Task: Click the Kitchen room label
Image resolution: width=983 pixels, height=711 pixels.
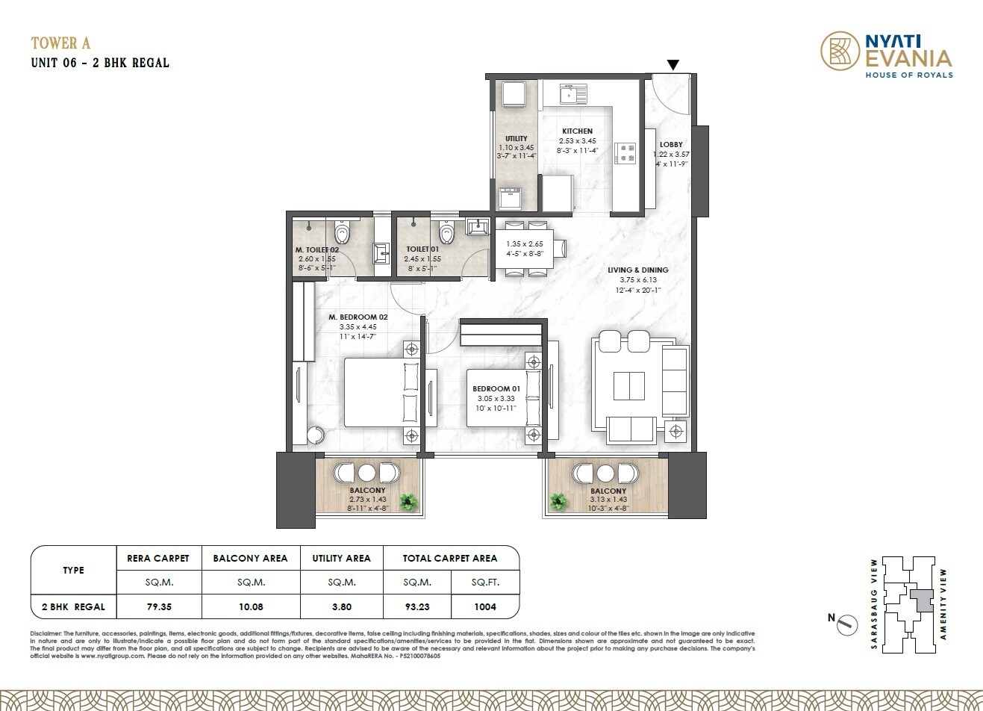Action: click(577, 131)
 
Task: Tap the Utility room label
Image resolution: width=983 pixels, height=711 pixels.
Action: click(516, 138)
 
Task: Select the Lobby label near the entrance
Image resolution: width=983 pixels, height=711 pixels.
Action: click(671, 144)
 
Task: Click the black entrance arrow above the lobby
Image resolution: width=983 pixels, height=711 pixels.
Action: click(673, 66)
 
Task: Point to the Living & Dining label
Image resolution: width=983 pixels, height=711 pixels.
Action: click(637, 270)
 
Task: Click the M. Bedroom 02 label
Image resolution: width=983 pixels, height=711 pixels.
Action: click(358, 317)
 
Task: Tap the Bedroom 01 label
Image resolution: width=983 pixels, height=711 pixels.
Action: click(496, 388)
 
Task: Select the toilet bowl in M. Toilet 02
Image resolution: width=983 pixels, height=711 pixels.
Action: click(343, 233)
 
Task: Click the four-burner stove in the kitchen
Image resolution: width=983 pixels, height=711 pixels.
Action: click(625, 152)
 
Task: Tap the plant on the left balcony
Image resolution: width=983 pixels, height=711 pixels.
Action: click(408, 501)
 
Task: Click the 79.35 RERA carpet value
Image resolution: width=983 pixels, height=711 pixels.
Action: click(159, 606)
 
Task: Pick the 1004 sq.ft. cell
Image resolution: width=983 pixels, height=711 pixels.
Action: click(484, 606)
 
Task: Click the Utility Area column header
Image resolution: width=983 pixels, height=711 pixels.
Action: click(340, 558)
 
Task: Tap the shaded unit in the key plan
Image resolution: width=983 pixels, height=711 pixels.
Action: click(923, 600)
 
